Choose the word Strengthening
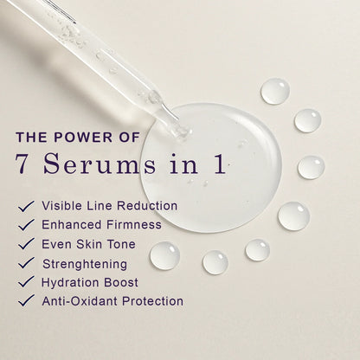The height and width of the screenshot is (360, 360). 84,263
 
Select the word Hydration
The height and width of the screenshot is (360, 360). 67,282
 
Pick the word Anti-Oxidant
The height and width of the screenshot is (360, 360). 75,301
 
